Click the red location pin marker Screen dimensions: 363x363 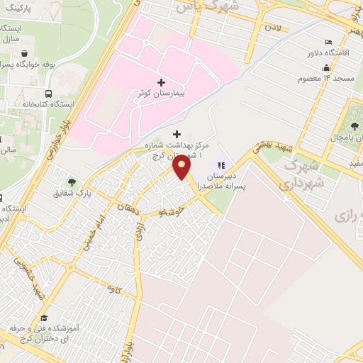click(182, 167)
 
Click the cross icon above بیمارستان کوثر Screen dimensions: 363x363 click(161, 82)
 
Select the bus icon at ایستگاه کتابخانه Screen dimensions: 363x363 click(48, 94)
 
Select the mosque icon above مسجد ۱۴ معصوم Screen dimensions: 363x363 click(326, 67)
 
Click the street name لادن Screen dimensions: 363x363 click(273, 28)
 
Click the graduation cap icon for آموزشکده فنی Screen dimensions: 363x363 click(43, 317)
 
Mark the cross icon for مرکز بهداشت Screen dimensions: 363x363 click(177, 134)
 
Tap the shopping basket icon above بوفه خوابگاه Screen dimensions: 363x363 click(26, 52)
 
